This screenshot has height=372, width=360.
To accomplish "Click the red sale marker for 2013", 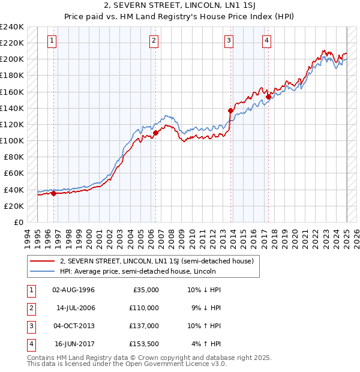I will pos(230,110).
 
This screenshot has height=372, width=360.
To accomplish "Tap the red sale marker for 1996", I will pos(53,193).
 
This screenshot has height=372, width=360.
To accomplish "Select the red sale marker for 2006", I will pos(155,133).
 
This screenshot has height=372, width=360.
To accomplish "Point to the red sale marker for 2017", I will pos(268,97).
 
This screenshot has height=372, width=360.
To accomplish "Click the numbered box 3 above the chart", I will pos(229,41).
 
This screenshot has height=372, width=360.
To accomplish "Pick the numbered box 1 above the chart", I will pos(52,41).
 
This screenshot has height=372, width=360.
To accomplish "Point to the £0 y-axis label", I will pos(18,222).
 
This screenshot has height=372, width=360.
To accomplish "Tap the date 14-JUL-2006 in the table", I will pos(76,308).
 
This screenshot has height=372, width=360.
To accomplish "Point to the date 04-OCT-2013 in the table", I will pos(74,326).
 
